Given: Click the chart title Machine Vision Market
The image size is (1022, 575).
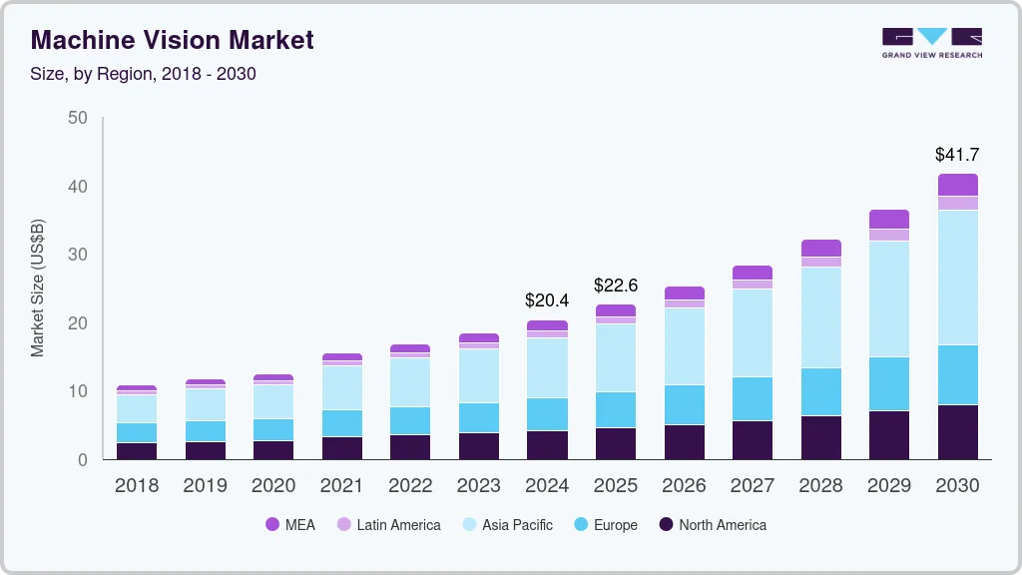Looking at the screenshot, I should point(172,40).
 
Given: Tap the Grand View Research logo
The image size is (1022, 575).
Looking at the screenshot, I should point(931,42).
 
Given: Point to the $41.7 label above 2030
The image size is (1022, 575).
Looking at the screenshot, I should point(956,155).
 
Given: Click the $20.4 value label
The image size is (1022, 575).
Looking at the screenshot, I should point(547,299).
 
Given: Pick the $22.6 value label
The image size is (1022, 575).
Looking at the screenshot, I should point(615,286).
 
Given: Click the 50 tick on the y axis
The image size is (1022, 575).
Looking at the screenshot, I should point(77,118).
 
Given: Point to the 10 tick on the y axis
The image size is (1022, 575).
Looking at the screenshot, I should point(77,391).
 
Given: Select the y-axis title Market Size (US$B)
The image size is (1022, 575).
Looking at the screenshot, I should point(38,288).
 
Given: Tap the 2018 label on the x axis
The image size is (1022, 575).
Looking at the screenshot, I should point(136,486).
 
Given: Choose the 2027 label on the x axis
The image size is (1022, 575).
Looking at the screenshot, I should point(752,486).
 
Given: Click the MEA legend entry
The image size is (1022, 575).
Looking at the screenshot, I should point(290,525).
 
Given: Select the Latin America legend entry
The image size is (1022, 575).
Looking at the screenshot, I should point(388,525).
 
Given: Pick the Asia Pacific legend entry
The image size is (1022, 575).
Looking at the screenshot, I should point(506,525).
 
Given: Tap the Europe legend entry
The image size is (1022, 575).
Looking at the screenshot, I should point(604,525).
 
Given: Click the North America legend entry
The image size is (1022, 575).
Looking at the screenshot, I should point(712,525).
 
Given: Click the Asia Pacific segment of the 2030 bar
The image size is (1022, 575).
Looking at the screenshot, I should point(957,278).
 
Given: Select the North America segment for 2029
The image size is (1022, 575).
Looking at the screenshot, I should point(889,435).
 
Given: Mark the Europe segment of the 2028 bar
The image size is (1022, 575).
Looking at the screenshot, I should point(820,391).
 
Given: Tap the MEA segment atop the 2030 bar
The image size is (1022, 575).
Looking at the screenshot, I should point(957,185).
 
